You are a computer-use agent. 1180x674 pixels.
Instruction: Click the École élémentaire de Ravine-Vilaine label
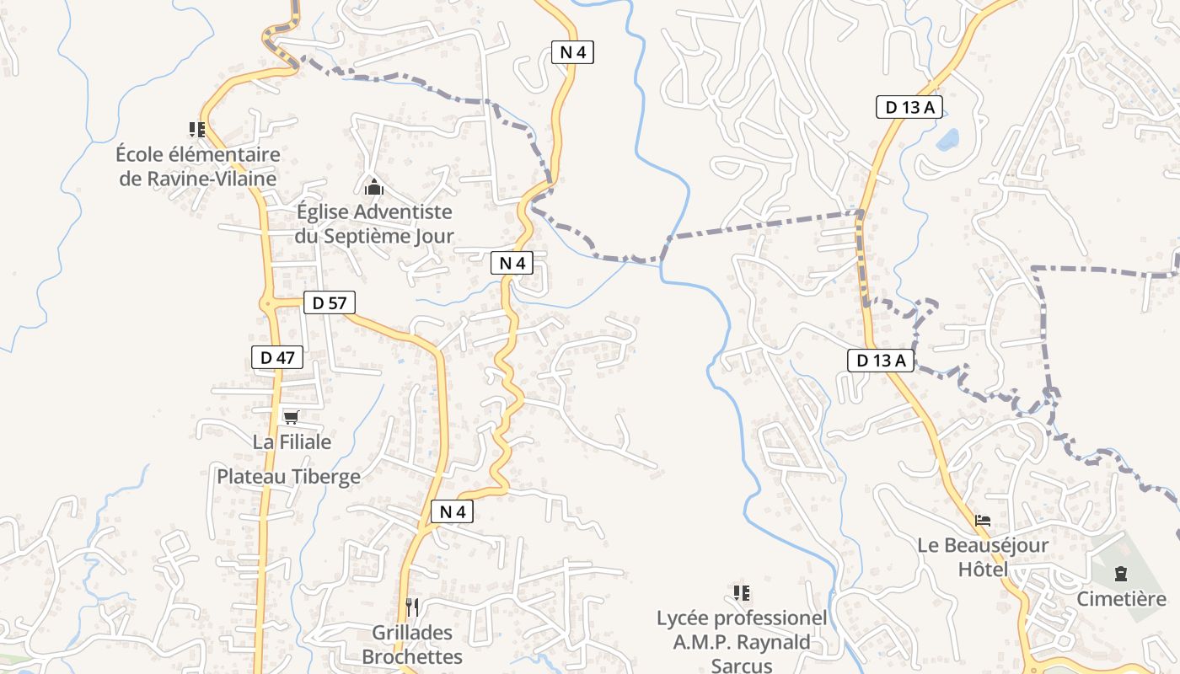(x=198, y=166)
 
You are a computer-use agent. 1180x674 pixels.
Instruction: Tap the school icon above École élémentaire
(x=197, y=130)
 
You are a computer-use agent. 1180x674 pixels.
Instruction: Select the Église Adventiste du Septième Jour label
(x=373, y=224)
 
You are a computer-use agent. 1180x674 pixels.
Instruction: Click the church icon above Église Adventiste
(x=373, y=187)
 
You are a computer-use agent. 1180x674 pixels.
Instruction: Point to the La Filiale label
(x=292, y=441)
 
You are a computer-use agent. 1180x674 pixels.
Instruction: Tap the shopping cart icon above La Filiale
(x=292, y=417)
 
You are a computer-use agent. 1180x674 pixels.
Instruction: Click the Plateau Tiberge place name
(x=288, y=476)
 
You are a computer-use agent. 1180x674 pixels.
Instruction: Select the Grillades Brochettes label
(x=412, y=645)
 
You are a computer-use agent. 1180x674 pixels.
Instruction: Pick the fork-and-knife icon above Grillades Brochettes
(x=412, y=607)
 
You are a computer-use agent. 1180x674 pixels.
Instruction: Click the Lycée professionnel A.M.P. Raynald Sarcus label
(x=742, y=641)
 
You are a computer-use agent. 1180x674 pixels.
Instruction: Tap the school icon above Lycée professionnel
(x=742, y=593)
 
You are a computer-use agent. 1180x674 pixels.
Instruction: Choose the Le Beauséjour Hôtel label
(x=983, y=557)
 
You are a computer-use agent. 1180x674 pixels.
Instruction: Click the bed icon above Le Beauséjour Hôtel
(x=983, y=521)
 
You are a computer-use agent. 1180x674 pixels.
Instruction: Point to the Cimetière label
(x=1121, y=598)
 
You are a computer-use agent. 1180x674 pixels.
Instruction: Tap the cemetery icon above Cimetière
(x=1120, y=575)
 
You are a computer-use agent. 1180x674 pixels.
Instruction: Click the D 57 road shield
(x=329, y=302)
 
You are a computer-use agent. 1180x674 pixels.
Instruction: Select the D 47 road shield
(x=276, y=357)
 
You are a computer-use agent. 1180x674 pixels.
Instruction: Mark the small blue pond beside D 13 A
(x=948, y=137)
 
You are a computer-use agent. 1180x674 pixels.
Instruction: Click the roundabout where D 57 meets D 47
(x=268, y=302)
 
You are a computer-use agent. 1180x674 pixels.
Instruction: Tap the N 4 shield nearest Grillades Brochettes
(x=452, y=511)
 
